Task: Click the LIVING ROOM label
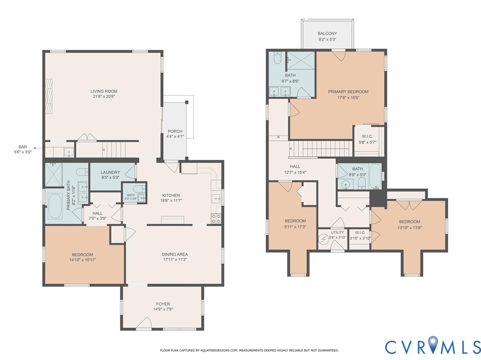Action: coord(104,91)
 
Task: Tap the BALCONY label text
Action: coord(327,33)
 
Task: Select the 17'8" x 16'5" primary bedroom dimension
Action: coord(348,98)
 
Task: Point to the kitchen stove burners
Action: coord(216,219)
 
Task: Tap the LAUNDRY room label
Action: coord(110,172)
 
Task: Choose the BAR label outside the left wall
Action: coord(23,147)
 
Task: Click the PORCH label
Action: coord(175,131)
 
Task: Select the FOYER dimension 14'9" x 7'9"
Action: coord(163,309)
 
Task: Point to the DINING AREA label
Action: coord(175,254)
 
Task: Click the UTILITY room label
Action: coord(337,232)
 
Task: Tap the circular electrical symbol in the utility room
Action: coord(324,238)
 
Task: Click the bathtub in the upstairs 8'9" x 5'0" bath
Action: coord(375,176)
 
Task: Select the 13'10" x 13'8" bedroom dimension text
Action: coord(410,228)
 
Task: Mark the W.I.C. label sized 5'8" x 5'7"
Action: coord(367,137)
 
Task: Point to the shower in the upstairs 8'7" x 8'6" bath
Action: coord(301,61)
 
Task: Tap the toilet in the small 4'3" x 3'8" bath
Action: coord(139,189)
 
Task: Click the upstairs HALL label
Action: coord(295,167)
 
